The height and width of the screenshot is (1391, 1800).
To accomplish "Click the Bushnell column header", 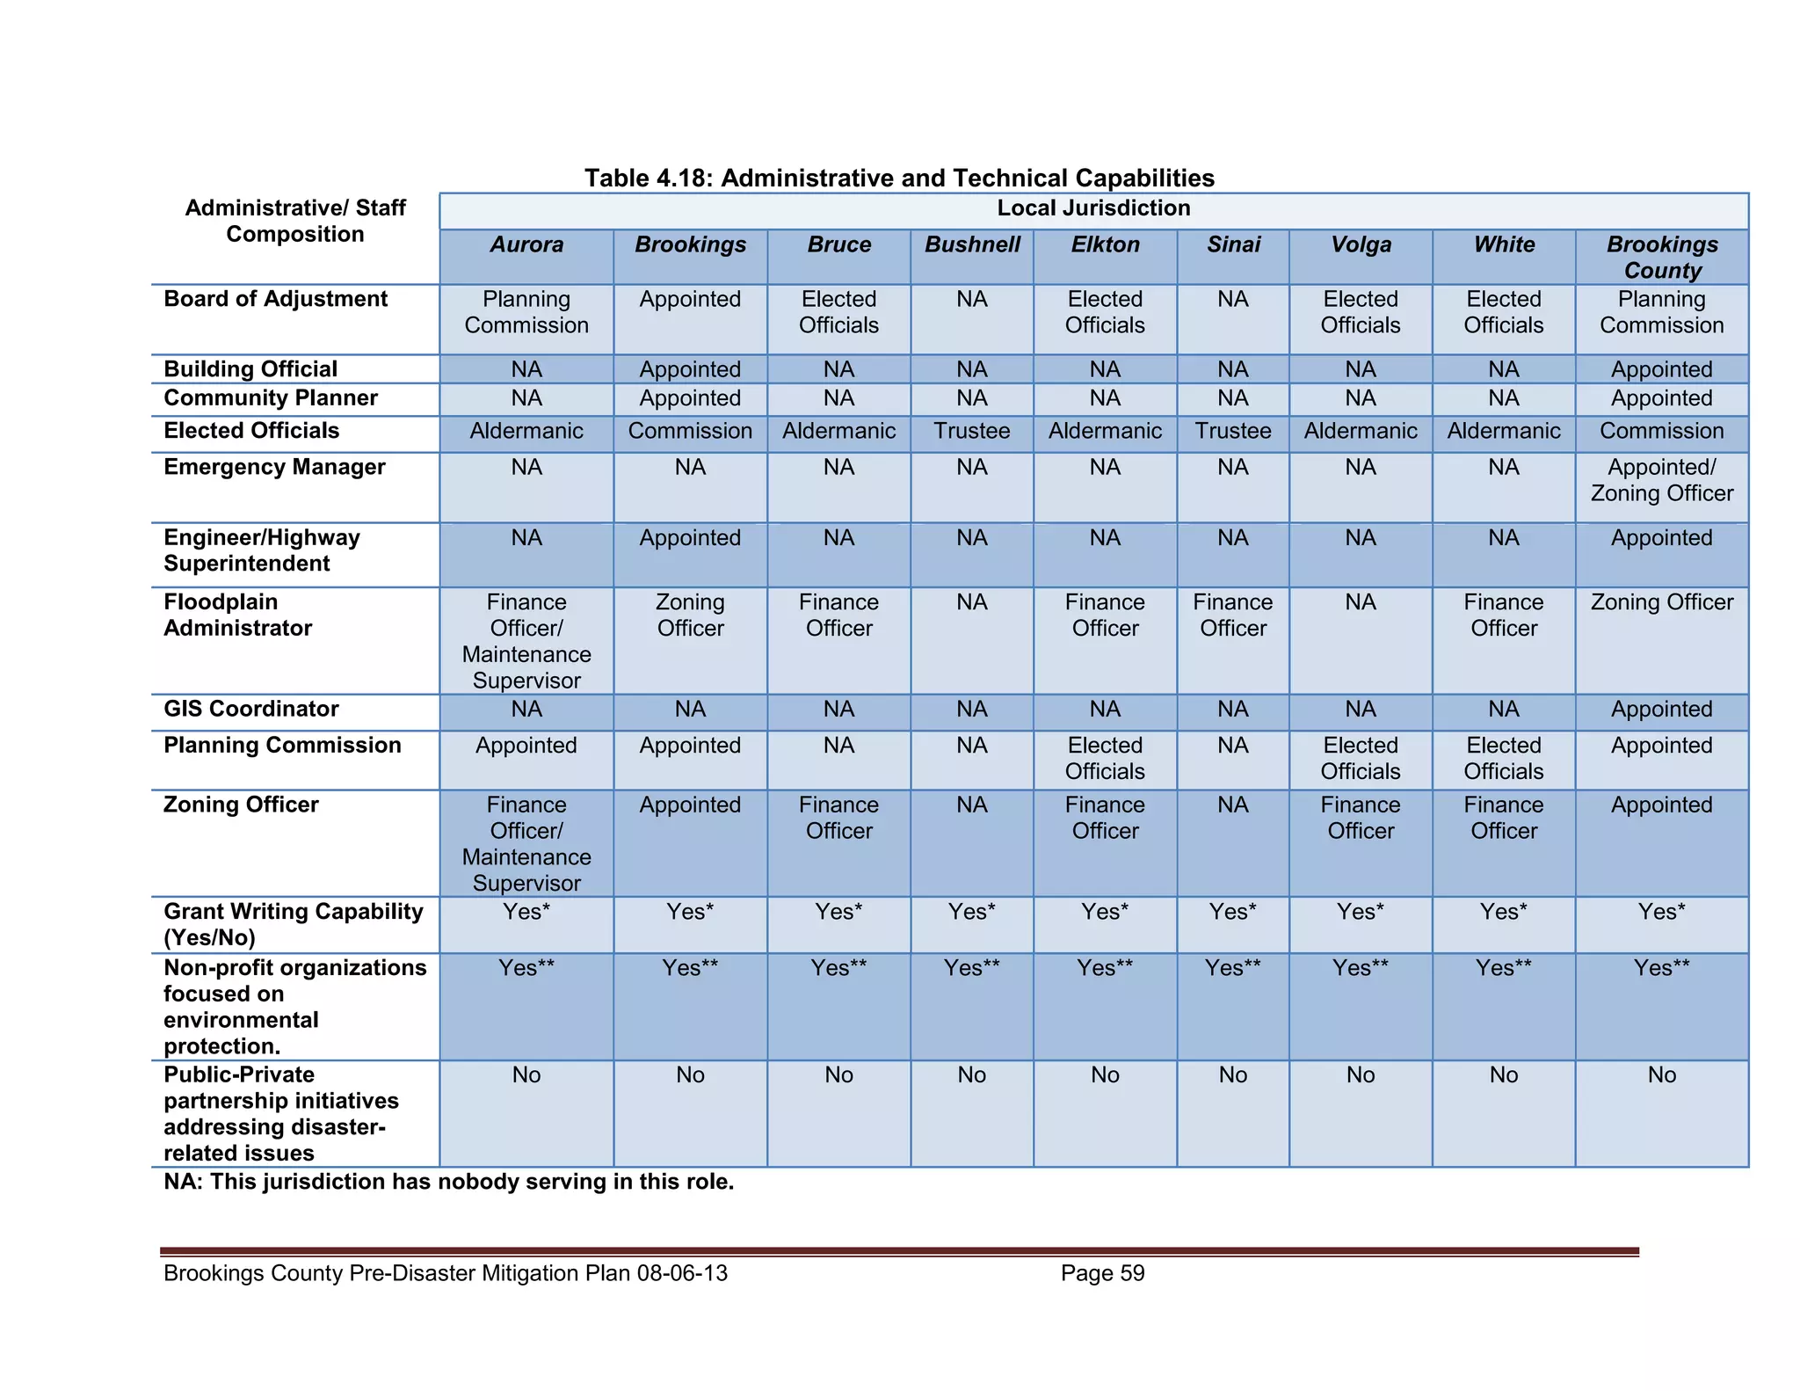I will [x=971, y=244].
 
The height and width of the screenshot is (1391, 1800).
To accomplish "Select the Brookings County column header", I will [x=1661, y=257].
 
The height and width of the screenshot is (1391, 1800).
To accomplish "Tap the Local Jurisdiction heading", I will [x=1092, y=208].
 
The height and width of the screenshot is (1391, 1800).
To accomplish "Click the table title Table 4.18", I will [x=899, y=178].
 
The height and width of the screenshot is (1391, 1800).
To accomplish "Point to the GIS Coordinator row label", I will [x=250, y=709].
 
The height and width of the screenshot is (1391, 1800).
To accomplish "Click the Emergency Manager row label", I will [x=274, y=467].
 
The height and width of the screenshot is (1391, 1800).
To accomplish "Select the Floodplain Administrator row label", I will [x=237, y=615].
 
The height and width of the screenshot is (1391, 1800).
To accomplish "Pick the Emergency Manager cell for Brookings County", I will [x=1661, y=480].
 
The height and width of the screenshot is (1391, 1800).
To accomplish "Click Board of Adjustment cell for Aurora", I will [x=526, y=312].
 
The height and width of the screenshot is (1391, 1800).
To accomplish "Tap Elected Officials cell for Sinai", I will [x=1232, y=431].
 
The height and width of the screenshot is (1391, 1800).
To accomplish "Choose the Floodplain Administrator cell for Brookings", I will [x=690, y=615].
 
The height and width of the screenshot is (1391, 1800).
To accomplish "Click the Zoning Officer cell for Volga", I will [x=1360, y=818].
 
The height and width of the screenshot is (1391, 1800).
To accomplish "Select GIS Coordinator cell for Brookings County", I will [x=1661, y=709].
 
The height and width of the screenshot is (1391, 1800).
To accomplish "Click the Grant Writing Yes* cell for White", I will [x=1503, y=912].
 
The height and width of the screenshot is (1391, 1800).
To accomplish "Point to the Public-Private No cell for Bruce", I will [x=838, y=1075].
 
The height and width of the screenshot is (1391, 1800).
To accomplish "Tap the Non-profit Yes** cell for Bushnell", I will [x=971, y=968].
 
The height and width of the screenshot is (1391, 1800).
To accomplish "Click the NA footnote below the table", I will [x=448, y=1182].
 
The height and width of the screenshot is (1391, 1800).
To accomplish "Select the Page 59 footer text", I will [x=1102, y=1273].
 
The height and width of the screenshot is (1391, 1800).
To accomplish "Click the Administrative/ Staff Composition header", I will [x=295, y=221].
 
